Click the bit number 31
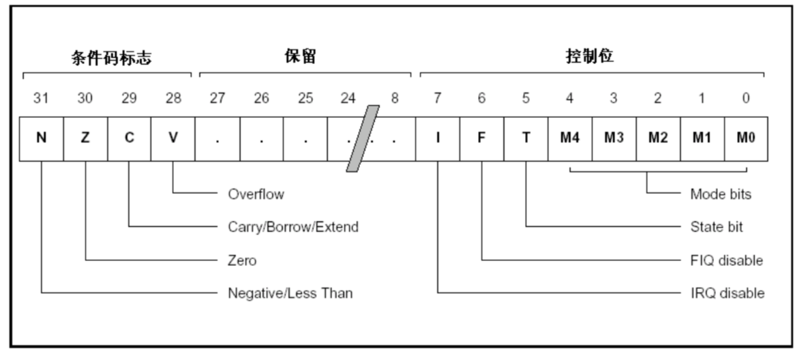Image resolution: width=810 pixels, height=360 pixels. pos(41,99)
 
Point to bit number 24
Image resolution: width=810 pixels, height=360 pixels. pos(348,99)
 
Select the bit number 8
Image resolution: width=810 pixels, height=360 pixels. pos(394,99)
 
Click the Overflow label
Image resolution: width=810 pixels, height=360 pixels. pos(256,194)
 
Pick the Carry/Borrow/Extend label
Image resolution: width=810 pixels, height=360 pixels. pos(292,227)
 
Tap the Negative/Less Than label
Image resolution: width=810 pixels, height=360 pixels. pos(290,294)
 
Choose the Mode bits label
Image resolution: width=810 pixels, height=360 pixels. pos(720,194)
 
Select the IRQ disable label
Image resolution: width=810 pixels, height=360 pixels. pos(726,294)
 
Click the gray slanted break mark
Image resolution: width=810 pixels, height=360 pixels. pos(363,138)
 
